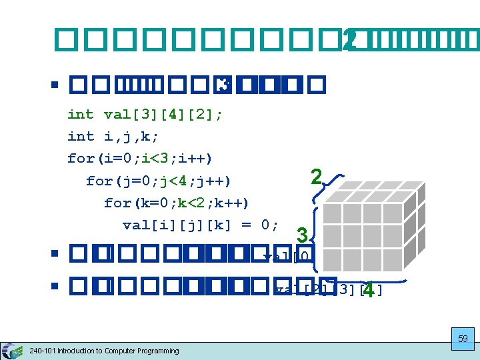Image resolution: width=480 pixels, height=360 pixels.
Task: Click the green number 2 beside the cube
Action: (x=317, y=177)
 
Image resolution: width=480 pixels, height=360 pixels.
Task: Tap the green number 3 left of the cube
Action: (x=302, y=236)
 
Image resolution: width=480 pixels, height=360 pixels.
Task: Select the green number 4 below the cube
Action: (x=368, y=291)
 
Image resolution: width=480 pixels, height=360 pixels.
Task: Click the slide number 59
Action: (x=463, y=339)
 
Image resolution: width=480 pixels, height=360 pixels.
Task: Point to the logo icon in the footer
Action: (x=12, y=350)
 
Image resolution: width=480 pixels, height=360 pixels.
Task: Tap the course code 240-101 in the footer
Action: (x=43, y=351)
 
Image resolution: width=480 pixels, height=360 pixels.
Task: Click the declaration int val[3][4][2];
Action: (x=145, y=114)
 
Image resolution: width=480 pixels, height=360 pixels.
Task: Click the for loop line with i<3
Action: (x=140, y=158)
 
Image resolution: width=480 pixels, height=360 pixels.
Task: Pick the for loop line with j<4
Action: (x=159, y=180)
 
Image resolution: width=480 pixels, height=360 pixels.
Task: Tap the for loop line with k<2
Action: (x=177, y=202)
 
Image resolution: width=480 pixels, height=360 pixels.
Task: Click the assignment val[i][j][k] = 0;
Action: (x=201, y=225)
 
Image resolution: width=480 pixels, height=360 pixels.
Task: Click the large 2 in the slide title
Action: (x=348, y=41)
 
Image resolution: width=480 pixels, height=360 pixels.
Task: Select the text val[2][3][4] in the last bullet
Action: (x=329, y=289)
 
